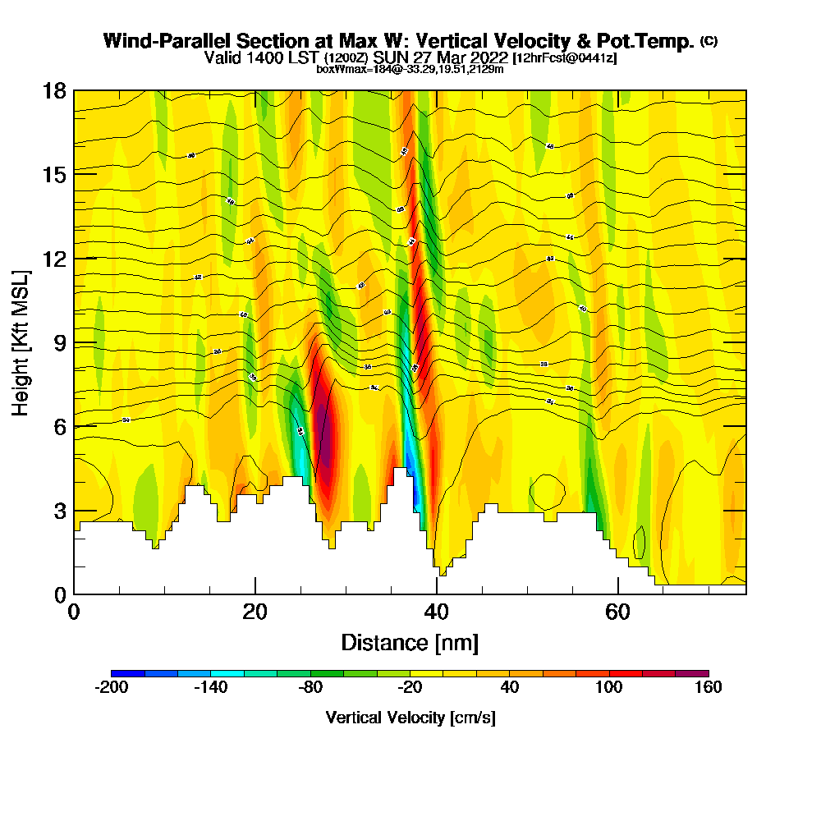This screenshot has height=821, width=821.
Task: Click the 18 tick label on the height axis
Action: click(55, 90)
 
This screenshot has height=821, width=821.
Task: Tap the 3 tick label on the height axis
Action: click(60, 511)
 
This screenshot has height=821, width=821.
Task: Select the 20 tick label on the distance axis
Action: click(255, 612)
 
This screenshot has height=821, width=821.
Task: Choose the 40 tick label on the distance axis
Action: click(437, 612)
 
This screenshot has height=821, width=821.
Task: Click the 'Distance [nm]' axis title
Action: click(410, 642)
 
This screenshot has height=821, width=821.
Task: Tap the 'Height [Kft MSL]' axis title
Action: click(21, 342)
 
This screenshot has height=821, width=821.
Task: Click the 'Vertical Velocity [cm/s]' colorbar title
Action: click(410, 718)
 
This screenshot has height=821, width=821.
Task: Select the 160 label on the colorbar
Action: click(708, 688)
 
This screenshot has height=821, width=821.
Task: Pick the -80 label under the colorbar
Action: click(310, 688)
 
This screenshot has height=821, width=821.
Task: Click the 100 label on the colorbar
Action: click(608, 688)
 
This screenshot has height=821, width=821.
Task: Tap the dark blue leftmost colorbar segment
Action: click(128, 673)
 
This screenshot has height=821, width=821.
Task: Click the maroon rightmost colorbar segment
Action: click(691, 673)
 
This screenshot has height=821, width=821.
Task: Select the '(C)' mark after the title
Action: click(709, 41)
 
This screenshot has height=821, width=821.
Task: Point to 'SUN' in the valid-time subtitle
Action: click(391, 57)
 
